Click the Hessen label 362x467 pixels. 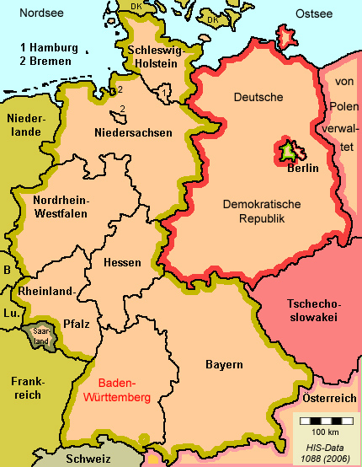point(122,262)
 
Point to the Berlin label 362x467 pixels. point(301,167)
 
